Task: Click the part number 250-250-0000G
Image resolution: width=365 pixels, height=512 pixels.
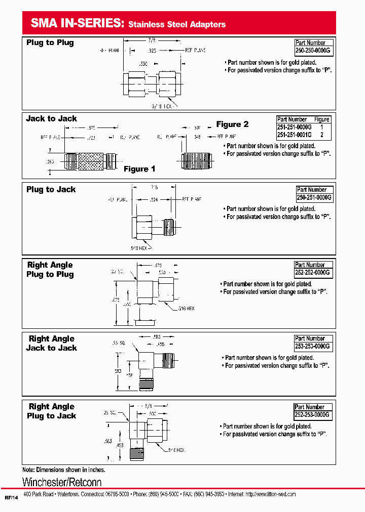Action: pos(313,51)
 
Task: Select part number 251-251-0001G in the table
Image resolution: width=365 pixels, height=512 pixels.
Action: pos(295,135)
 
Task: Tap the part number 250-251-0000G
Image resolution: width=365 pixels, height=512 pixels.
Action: pos(314,198)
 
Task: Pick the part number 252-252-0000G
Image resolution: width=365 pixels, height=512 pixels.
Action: pos(312,273)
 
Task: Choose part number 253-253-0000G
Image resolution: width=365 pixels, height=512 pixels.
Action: pos(312,347)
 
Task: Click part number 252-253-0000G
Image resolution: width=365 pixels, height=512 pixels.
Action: pos(312,415)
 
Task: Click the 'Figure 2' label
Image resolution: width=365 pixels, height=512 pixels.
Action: pos(232,124)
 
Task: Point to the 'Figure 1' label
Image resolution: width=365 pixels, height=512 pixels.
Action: pos(139,169)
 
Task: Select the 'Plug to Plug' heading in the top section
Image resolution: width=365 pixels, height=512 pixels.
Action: pos(50,43)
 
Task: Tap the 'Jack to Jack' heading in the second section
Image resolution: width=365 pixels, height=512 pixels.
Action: pos(51,119)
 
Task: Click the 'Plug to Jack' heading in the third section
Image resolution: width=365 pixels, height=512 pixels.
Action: pos(51,190)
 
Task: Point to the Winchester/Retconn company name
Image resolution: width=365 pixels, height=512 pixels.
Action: pos(62,482)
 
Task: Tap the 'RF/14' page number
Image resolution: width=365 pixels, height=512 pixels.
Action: pos(11,498)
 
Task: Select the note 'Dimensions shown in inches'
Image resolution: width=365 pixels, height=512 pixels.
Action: pos(64,470)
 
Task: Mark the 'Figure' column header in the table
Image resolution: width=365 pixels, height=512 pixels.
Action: pos(322,119)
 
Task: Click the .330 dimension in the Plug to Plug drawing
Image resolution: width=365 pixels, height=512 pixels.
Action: pos(144,64)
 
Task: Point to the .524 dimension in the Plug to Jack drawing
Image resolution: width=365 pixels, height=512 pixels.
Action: pos(155,200)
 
